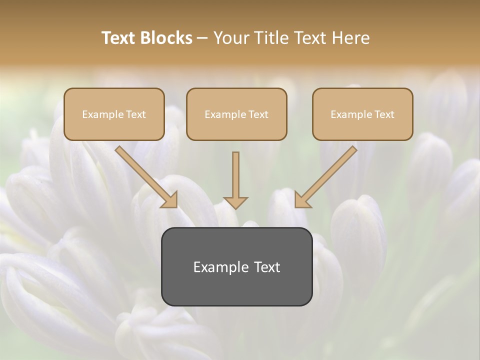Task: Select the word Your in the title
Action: click(232, 38)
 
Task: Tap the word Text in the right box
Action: click(384, 114)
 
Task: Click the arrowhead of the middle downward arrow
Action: click(235, 202)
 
